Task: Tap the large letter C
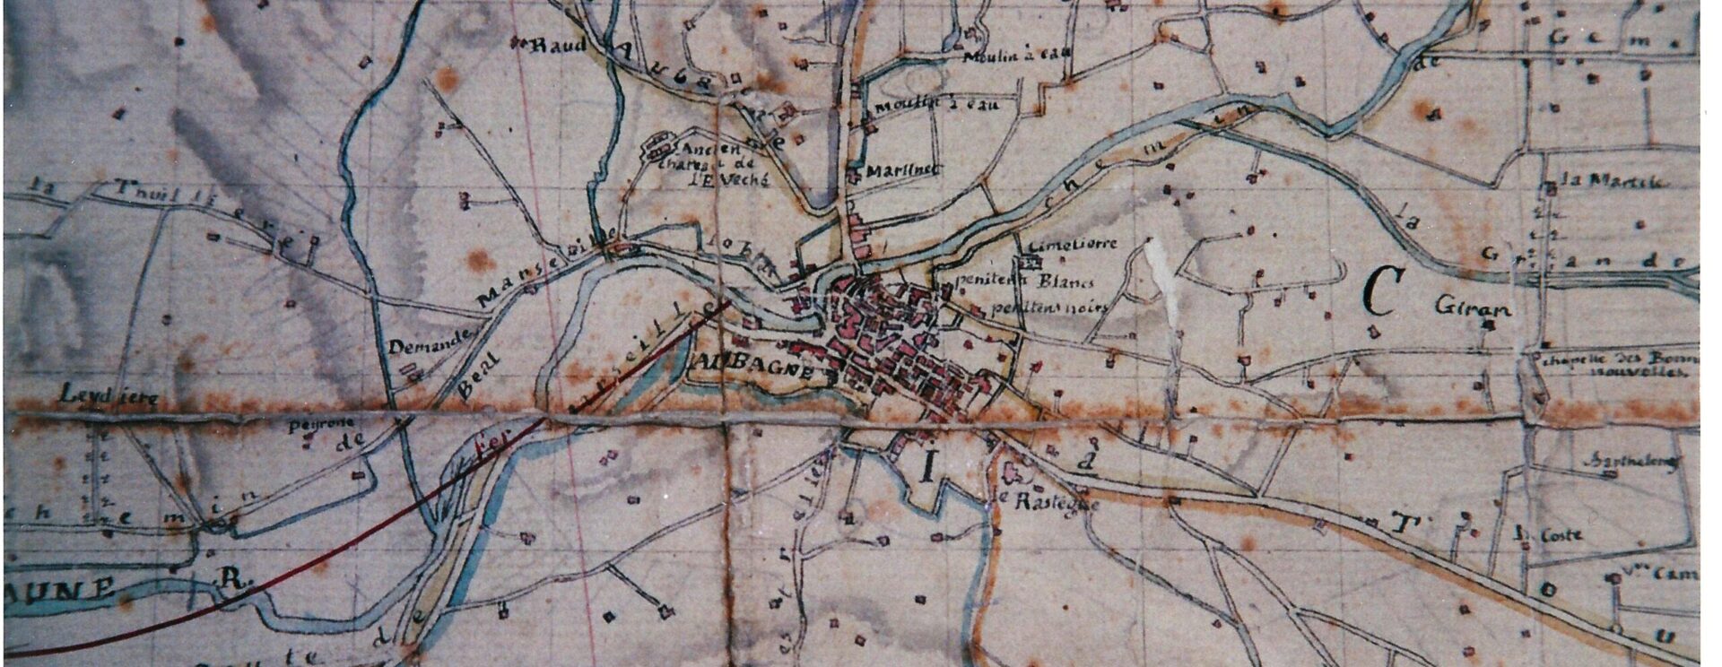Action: coord(1378,293)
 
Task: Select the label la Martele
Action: coord(1613,180)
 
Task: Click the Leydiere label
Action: coord(96,394)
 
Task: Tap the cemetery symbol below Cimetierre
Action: coord(1029,262)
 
